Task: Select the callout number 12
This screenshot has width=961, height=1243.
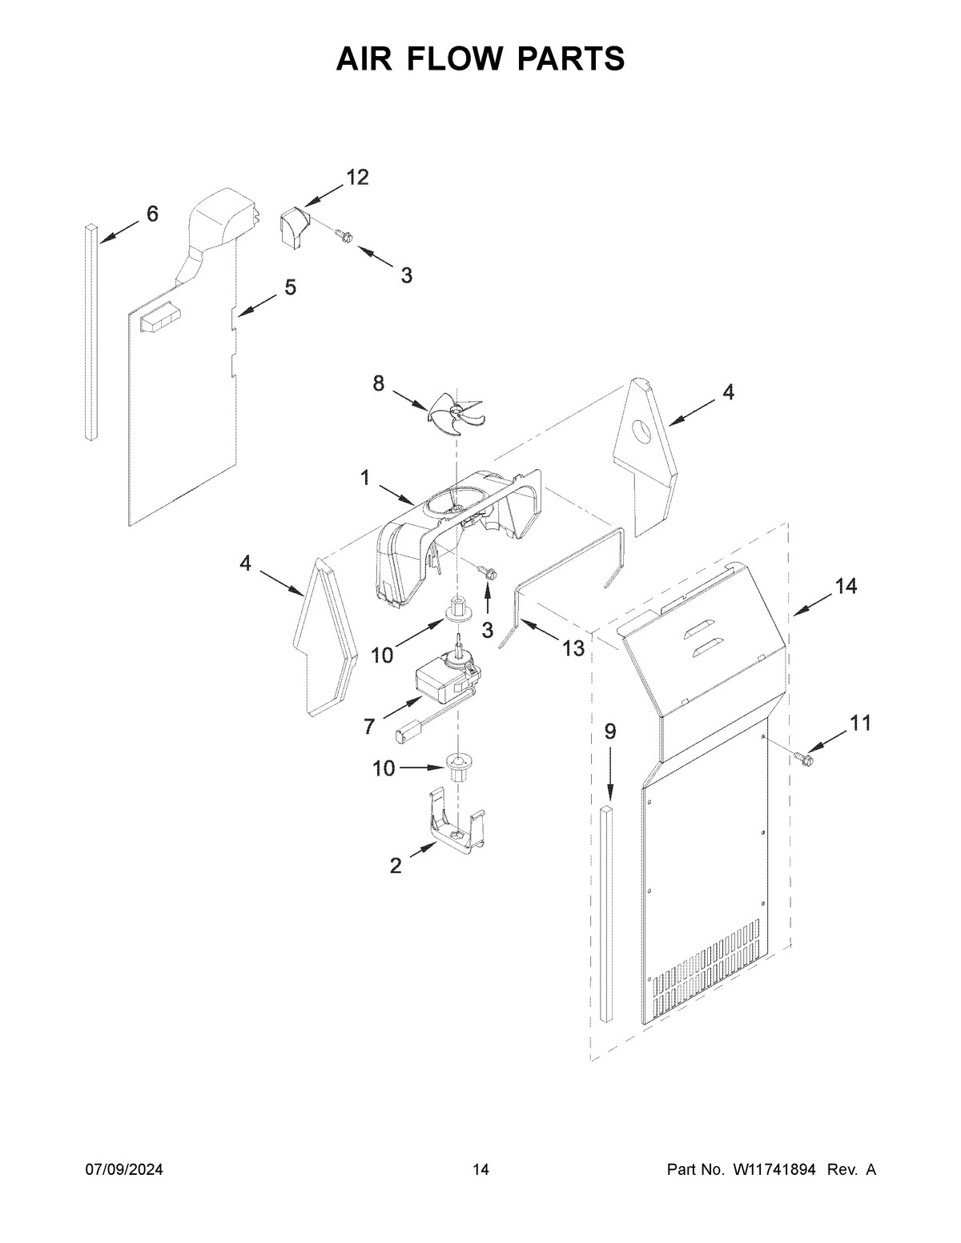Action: point(356,178)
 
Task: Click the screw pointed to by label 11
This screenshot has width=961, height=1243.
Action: point(803,754)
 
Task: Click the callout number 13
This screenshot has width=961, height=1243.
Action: point(573,648)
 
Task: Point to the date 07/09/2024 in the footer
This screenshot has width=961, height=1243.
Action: point(124,1170)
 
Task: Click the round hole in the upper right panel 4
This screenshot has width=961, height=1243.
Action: point(642,433)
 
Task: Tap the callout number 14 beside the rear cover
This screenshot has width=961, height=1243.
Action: point(845,587)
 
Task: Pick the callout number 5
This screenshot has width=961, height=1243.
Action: point(289,287)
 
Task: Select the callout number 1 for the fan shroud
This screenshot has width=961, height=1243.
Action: point(365,479)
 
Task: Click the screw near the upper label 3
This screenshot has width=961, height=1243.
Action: point(342,235)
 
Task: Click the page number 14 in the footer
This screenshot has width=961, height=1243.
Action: point(480,1170)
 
